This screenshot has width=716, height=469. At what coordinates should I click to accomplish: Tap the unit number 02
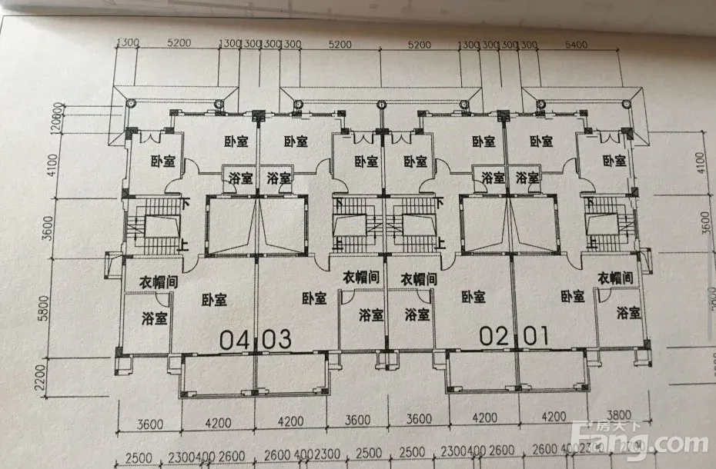coord(495,335)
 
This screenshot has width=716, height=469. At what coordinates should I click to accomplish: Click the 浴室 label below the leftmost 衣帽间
coord(156,318)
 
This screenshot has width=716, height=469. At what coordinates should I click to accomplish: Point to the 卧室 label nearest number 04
coord(214,301)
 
